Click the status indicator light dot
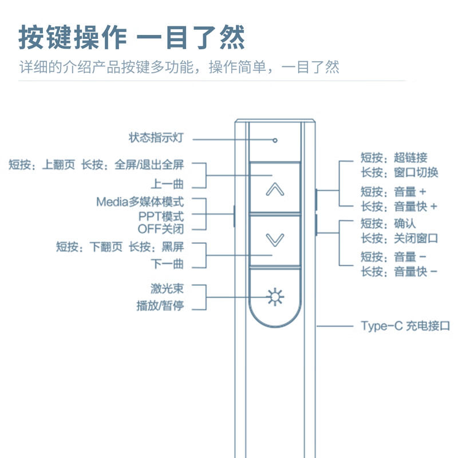275,139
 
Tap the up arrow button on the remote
275,189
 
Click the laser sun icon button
275,297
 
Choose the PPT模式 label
161,216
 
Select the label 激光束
167,288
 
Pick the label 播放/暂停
160,306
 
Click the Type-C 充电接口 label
405,326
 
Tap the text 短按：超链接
393,158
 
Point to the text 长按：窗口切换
399,172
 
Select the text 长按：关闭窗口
399,238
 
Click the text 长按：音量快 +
399,207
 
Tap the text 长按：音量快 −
399,272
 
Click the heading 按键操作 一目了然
132,38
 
